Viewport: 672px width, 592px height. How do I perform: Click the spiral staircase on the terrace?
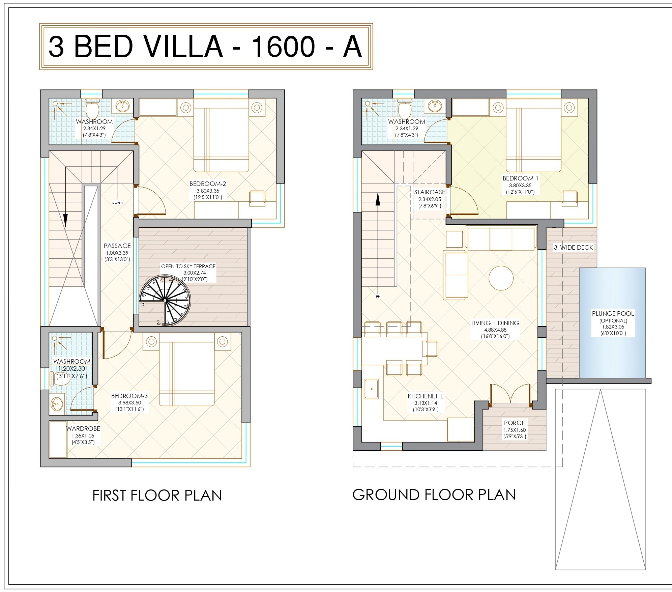point(165,300)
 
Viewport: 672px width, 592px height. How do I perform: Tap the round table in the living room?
point(501,278)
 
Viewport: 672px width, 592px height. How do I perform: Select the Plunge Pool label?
point(613,313)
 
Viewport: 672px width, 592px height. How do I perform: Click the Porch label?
point(515,423)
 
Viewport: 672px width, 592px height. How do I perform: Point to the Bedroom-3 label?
point(129,396)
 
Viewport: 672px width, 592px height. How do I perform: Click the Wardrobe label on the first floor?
point(83,428)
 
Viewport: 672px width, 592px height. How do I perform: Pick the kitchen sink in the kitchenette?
point(371,389)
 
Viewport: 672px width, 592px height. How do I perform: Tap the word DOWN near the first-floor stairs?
point(118,203)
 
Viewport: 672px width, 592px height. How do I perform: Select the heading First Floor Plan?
point(157,495)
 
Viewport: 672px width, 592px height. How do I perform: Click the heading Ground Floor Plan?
point(434,495)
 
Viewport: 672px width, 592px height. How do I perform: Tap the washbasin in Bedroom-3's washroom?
point(57,403)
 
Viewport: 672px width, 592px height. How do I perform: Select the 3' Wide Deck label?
point(573,247)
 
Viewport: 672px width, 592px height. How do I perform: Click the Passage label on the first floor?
point(117,246)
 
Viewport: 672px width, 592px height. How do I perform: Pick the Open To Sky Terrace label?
point(188,266)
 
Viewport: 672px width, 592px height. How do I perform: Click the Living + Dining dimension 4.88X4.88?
point(495,330)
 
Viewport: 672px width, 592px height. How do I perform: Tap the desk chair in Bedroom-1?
point(569,198)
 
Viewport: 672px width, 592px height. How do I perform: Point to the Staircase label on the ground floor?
point(430,192)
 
